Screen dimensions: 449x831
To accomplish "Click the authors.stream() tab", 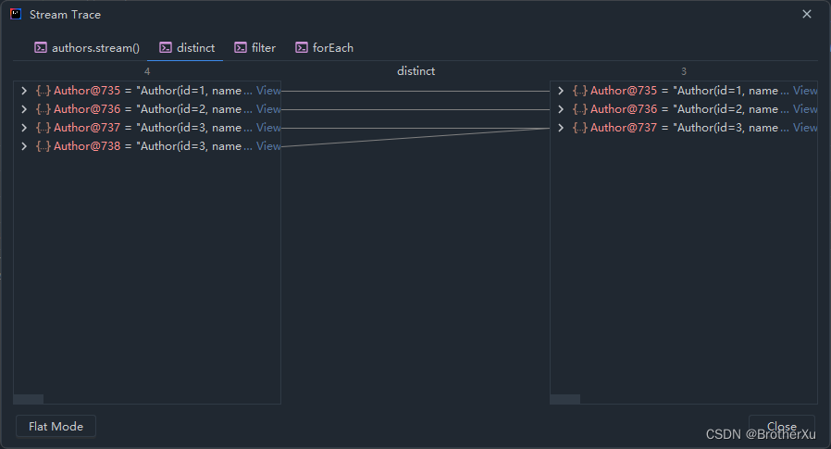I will point(87,47).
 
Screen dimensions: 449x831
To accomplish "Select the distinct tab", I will point(187,47).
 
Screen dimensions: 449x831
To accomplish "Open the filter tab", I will point(255,47).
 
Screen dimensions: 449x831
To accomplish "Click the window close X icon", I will point(807,14).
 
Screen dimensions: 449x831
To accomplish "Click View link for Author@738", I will point(268,146).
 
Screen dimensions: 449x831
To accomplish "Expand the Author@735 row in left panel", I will point(24,91).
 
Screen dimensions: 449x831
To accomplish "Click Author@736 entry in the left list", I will point(87,109).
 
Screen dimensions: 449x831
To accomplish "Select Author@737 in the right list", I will point(624,128).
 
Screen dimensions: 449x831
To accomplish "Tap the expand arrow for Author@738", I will point(24,146).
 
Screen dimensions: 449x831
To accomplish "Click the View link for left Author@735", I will point(268,91).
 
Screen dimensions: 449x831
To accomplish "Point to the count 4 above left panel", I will point(147,71).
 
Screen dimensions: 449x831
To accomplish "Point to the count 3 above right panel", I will point(684,71).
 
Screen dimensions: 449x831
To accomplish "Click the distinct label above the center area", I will point(415,71).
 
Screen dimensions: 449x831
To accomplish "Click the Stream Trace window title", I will point(65,15).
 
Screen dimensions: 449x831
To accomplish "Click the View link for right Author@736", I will point(805,109).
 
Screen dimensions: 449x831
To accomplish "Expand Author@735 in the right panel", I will point(561,91).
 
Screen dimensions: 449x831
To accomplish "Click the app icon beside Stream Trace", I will point(16,14).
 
